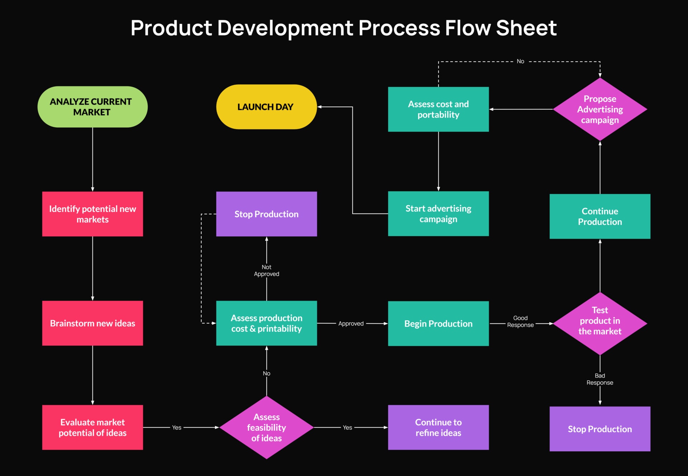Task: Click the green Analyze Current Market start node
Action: point(92,107)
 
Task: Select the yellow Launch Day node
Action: point(266,107)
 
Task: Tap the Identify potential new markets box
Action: point(92,214)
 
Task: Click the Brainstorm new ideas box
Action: point(92,323)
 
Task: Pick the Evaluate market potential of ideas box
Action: point(92,427)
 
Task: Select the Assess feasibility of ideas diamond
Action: point(266,427)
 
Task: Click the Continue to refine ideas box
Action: point(438,427)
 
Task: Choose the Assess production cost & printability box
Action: point(266,323)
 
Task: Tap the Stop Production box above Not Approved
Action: point(266,214)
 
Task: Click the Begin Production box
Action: point(438,323)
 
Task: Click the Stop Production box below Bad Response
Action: point(600,429)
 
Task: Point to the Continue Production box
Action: point(600,216)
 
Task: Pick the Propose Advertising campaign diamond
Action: point(600,109)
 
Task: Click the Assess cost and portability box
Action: point(438,109)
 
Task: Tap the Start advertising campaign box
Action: point(438,213)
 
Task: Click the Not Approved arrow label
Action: point(266,270)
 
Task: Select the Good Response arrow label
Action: point(520,321)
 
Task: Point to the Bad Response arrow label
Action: point(600,379)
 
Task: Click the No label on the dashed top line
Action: point(520,61)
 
